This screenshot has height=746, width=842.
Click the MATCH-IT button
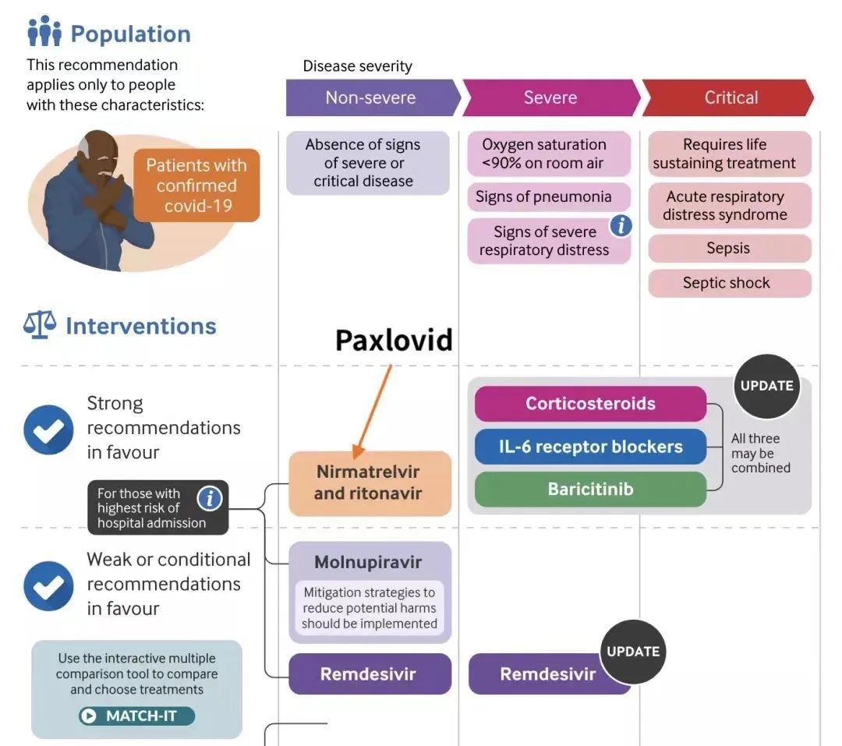point(136,716)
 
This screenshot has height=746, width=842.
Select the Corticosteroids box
point(590,404)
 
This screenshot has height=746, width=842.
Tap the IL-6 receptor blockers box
point(590,447)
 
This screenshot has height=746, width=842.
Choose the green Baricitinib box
point(590,490)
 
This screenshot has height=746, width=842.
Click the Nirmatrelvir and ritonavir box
point(370,483)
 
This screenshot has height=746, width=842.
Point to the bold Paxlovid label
point(394,340)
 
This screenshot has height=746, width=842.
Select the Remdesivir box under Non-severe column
point(370,674)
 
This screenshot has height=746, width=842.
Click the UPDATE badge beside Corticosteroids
point(766,386)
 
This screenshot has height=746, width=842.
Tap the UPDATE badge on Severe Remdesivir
point(633,652)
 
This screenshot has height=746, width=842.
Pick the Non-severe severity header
point(370,97)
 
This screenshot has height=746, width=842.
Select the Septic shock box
point(729,283)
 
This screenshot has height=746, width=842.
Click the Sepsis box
point(729,249)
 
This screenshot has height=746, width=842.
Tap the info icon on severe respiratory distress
point(621,226)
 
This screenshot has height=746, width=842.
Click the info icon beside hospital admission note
point(209,498)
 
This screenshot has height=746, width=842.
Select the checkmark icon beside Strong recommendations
point(48,430)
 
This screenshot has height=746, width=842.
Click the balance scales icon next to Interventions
point(40,325)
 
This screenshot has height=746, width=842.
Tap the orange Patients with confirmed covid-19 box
point(196,186)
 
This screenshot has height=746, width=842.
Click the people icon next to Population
point(44,32)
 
